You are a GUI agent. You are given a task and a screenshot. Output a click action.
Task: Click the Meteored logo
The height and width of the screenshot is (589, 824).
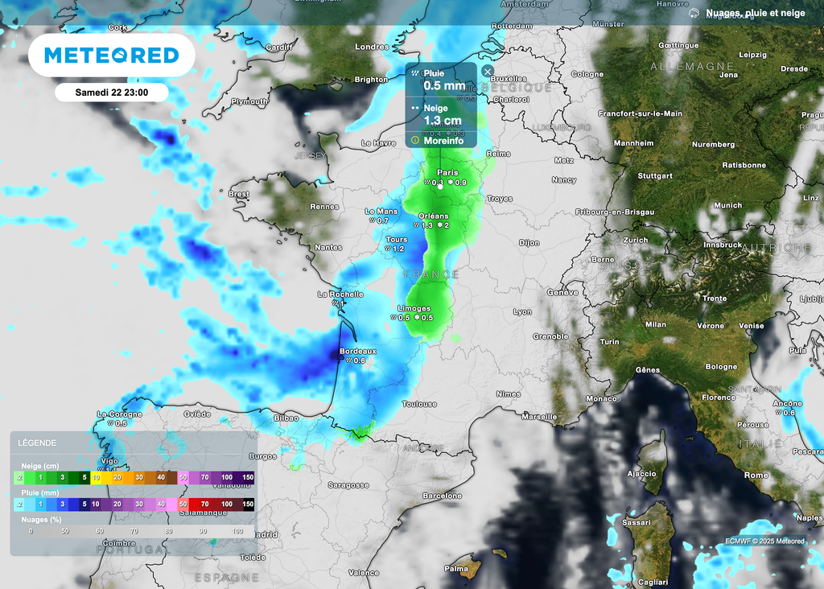point(111,56)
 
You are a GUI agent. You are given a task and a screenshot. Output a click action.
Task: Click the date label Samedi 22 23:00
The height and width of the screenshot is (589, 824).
point(111,92)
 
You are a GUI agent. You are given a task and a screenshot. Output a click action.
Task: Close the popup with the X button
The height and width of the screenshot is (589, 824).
point(487,71)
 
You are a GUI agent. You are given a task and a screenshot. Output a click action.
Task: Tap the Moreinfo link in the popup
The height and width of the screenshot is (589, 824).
point(443,141)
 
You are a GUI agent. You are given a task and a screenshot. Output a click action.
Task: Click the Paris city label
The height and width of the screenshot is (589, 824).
point(448,173)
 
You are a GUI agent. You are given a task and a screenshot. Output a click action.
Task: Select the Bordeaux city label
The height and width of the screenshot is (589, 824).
point(358,351)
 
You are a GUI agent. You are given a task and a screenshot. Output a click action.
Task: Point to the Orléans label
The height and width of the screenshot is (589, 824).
point(434,216)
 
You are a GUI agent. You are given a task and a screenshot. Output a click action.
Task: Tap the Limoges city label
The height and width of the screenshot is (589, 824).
point(414,308)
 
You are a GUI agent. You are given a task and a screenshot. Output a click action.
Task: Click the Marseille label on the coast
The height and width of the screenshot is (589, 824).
point(539,417)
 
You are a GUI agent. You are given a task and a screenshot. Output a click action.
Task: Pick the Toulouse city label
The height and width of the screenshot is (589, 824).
point(419,404)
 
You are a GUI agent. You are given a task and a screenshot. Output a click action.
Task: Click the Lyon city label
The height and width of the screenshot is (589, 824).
point(523,311)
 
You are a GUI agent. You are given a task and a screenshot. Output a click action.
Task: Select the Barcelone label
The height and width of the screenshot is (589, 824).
point(443,496)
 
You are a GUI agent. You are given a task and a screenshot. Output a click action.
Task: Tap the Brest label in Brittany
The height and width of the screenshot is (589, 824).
point(239,194)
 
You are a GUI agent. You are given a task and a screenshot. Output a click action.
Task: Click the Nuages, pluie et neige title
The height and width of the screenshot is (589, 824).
point(755,13)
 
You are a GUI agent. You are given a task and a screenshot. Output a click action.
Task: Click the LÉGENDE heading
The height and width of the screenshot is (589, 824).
point(37,443)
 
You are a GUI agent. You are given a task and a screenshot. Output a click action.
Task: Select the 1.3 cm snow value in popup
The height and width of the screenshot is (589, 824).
point(443,121)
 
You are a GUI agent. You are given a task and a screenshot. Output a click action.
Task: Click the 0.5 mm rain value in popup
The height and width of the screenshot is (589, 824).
point(444,86)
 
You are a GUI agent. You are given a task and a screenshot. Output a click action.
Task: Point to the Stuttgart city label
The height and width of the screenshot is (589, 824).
point(654,175)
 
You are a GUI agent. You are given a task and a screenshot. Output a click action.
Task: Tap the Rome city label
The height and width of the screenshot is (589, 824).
point(756,476)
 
